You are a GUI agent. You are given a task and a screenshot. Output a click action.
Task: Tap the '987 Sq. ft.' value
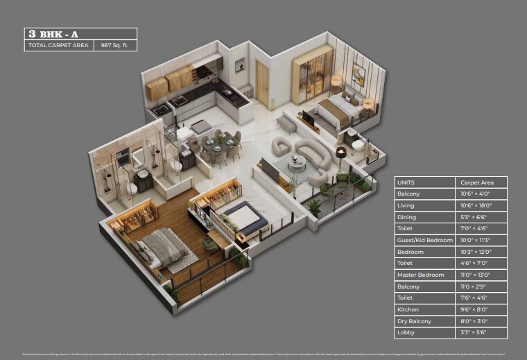114,46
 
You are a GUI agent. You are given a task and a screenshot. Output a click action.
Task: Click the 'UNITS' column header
406,182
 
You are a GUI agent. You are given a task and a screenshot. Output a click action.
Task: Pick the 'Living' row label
406,205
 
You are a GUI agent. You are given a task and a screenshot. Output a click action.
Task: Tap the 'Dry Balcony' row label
414,321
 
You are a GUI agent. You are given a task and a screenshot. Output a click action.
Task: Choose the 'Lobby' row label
406,333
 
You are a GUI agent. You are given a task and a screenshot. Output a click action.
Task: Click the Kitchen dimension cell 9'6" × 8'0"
475,309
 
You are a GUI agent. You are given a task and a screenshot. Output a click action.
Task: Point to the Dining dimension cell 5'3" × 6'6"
475,217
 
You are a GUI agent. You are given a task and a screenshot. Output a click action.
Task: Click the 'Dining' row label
406,217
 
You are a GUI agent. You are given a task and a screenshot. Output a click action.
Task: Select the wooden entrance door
263,83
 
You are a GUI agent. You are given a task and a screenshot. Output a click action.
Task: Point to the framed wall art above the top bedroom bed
358,74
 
